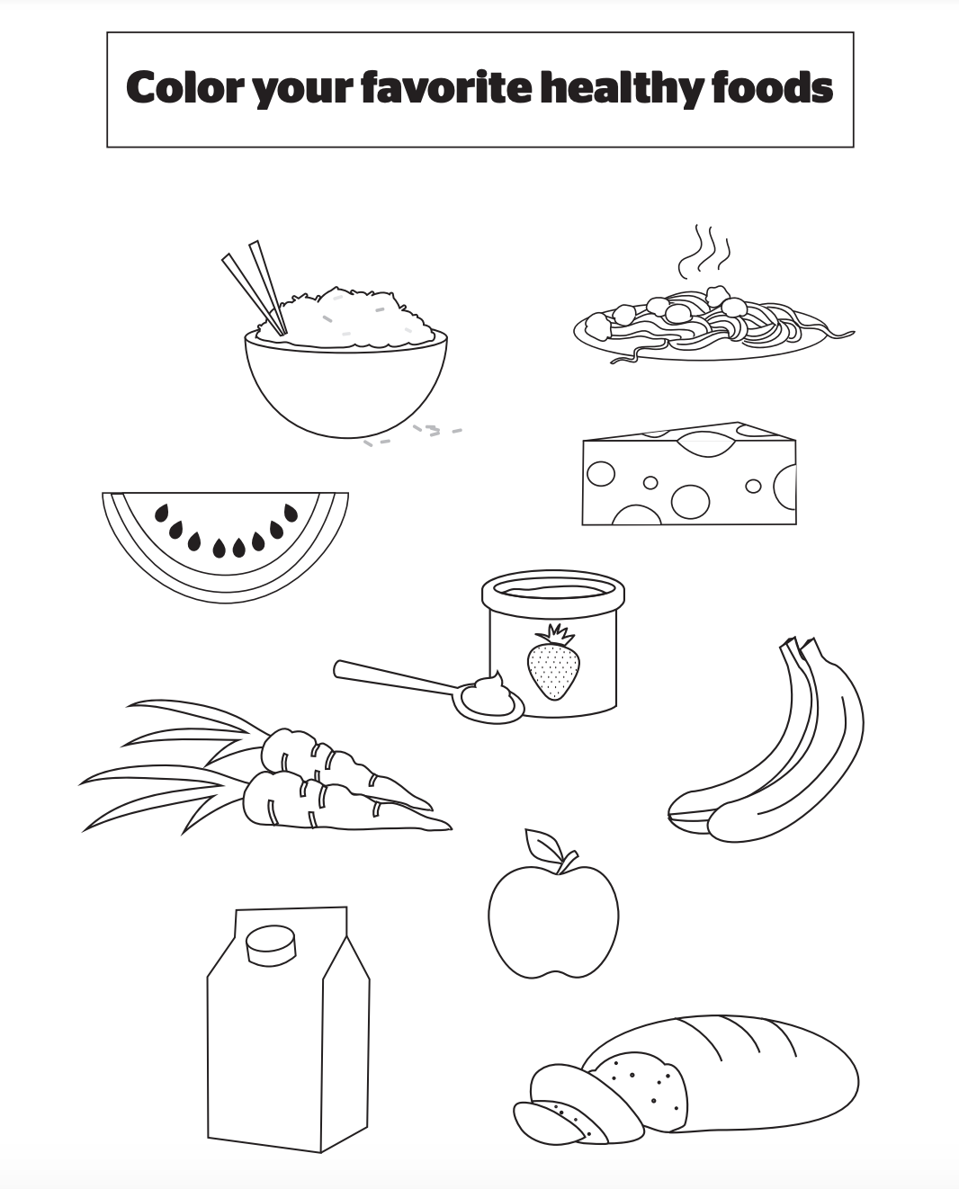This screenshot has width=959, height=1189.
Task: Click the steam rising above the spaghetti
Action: point(704,252)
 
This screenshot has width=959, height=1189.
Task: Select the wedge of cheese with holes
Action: point(689,473)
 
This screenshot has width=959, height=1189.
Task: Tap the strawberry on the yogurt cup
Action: point(553,662)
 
